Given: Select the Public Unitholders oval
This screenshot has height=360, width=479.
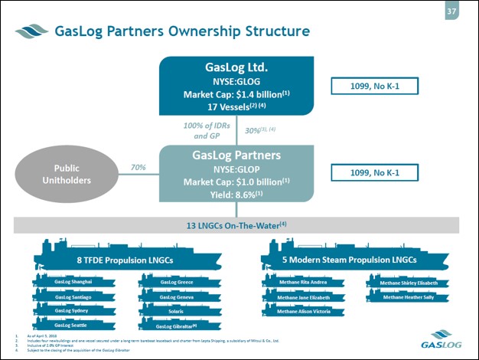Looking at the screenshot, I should [66, 173].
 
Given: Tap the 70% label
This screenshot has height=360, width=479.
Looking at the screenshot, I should [138, 166].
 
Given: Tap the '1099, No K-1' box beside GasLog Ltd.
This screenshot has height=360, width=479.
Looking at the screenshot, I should [375, 87].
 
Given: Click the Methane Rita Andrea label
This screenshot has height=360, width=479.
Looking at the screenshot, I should [303, 282].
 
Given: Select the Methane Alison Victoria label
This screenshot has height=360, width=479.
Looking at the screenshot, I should [303, 311].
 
